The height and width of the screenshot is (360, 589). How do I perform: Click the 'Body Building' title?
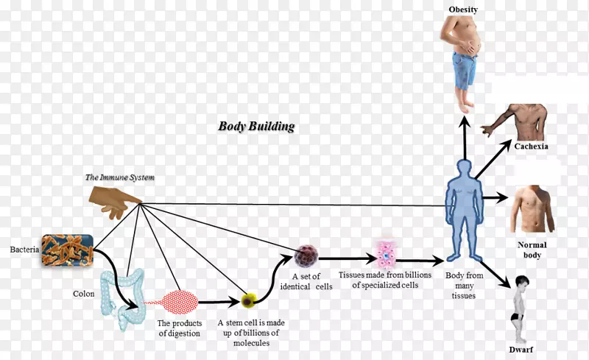click(x=255, y=126)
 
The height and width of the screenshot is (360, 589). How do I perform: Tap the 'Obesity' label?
click(x=463, y=9)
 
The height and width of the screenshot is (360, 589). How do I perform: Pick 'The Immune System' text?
click(x=119, y=177)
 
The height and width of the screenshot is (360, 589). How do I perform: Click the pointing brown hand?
click(x=115, y=200)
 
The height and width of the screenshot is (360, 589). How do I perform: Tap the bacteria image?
click(x=67, y=250)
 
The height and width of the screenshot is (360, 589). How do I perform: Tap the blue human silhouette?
click(x=465, y=205)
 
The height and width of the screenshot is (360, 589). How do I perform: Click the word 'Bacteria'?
click(x=20, y=250)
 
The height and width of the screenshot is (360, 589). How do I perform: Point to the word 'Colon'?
click(x=83, y=294)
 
